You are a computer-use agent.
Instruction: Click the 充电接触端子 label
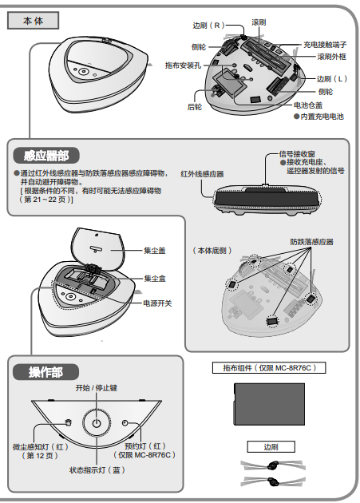click(326, 45)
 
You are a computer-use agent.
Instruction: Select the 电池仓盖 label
click(308, 105)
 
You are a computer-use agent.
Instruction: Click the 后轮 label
click(194, 105)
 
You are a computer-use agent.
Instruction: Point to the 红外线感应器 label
click(202, 173)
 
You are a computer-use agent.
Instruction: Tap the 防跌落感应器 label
click(311, 241)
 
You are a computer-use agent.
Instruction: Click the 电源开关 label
click(157, 303)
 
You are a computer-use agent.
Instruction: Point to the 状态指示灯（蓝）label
click(97, 471)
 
